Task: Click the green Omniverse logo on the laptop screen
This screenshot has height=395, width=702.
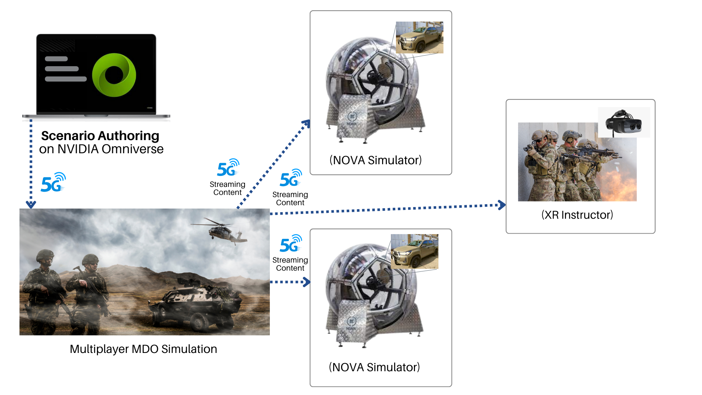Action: [x=114, y=75]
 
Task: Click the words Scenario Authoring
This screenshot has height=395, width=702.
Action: [x=100, y=136]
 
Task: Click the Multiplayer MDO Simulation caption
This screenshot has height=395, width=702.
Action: [x=143, y=349]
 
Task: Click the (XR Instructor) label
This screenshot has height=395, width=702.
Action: [x=577, y=215]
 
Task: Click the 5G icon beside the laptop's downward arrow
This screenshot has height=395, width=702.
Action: [x=53, y=183]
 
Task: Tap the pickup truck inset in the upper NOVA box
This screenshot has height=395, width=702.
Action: [x=419, y=38]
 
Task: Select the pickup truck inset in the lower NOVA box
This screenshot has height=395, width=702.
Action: [x=414, y=252]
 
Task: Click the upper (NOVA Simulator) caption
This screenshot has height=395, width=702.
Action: [x=375, y=160]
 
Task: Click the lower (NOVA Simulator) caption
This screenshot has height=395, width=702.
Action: [x=374, y=367]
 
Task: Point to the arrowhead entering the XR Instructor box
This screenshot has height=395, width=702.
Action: [x=502, y=205]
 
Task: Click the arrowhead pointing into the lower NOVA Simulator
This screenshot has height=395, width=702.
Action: [x=307, y=282]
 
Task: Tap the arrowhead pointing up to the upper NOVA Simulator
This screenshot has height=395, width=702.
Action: [x=307, y=124]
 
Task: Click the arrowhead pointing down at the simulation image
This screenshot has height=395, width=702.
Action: [x=31, y=204]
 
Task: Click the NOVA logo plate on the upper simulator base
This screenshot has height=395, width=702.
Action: [x=352, y=118]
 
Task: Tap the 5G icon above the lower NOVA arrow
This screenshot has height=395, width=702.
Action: [x=291, y=244]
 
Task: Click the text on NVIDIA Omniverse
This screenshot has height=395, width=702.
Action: [x=101, y=149]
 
